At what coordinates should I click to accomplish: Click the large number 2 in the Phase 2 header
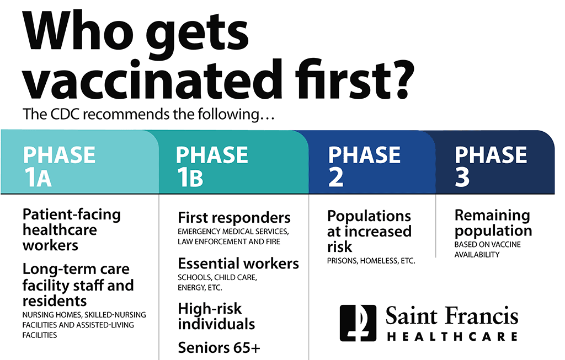[x=336, y=177]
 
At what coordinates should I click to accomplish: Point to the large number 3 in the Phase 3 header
[x=462, y=177]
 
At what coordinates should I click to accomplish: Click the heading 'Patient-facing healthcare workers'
[x=72, y=230]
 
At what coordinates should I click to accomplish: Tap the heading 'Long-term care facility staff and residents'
[x=78, y=284]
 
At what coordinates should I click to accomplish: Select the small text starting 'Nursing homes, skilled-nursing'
[x=84, y=325]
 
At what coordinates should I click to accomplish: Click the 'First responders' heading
[x=234, y=218]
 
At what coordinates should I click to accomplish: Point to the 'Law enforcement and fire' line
[x=229, y=241]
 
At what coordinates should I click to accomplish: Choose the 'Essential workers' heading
[x=238, y=264]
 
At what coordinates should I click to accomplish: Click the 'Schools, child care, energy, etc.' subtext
[x=217, y=283]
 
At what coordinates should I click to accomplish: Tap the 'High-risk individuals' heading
[x=216, y=316]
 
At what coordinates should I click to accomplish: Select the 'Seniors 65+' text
[x=219, y=348]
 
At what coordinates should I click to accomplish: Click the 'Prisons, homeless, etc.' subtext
[x=371, y=261]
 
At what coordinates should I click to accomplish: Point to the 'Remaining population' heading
[x=493, y=223]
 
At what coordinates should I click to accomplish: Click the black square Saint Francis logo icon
[x=358, y=323]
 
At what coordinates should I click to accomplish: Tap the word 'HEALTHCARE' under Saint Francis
[x=452, y=337]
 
